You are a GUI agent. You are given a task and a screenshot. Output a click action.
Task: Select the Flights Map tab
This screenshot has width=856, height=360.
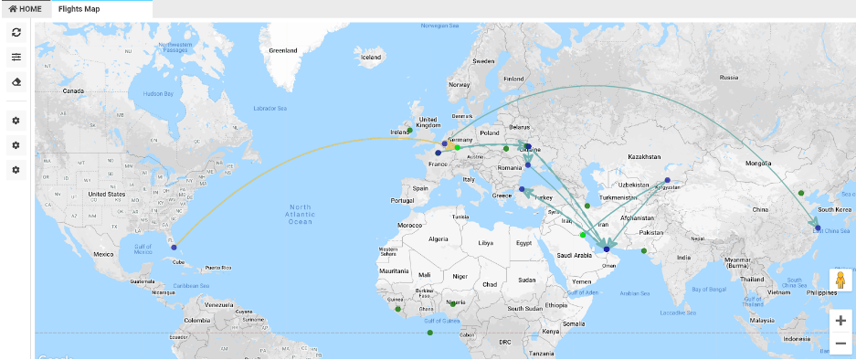[x=79, y=8]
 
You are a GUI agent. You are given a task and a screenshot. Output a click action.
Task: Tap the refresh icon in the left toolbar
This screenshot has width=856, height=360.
[x=16, y=33]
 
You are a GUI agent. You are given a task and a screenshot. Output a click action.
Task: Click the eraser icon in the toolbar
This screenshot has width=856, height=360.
[x=16, y=81]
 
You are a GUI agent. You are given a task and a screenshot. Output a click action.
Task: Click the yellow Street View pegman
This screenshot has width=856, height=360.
[x=839, y=280]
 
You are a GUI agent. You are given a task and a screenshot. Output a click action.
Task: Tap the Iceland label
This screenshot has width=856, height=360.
[x=371, y=58]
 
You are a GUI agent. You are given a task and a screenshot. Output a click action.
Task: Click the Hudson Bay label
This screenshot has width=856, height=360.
[x=157, y=93]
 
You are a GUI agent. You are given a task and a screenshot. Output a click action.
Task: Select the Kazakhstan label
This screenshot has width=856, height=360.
[x=644, y=156]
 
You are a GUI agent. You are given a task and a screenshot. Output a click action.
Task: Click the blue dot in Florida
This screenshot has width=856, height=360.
[x=174, y=247]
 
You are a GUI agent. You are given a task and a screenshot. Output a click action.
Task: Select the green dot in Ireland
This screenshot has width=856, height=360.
[x=410, y=130]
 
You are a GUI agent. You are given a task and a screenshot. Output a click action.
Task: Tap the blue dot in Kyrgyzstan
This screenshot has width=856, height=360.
[x=667, y=180]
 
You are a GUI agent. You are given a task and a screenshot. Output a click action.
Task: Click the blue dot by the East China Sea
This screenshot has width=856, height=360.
[x=818, y=228]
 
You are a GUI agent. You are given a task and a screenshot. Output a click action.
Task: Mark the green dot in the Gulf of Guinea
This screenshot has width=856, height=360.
[x=429, y=332]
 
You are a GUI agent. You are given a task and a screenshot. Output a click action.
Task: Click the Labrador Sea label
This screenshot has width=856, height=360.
[x=269, y=109]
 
